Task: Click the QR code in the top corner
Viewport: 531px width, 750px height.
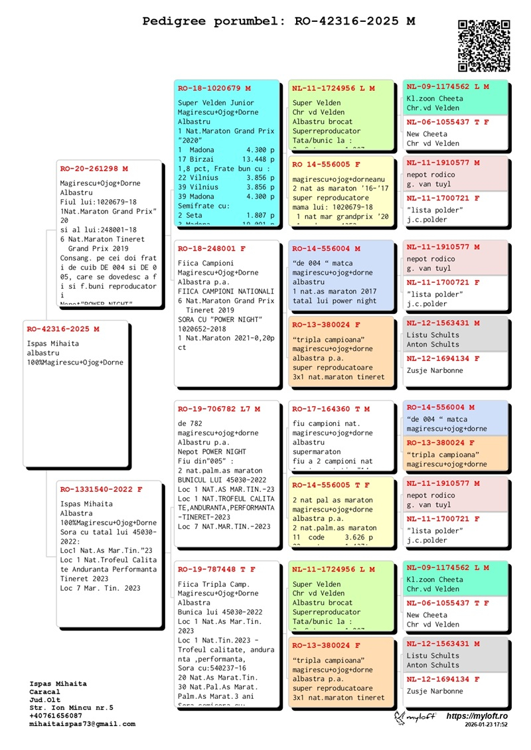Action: click(484, 45)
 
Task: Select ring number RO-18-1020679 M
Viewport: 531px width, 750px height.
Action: click(214, 88)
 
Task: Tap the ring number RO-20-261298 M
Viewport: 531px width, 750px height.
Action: click(94, 169)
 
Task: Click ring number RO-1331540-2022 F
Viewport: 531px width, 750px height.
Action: click(101, 489)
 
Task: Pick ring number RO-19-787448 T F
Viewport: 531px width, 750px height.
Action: click(216, 569)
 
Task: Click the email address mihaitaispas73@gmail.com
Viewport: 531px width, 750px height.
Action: click(82, 724)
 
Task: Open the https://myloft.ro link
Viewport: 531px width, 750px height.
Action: click(477, 716)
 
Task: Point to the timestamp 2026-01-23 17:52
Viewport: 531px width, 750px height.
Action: click(487, 725)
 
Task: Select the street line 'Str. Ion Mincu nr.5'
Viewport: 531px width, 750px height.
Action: click(72, 708)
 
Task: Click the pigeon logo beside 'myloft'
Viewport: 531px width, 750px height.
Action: click(400, 717)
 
